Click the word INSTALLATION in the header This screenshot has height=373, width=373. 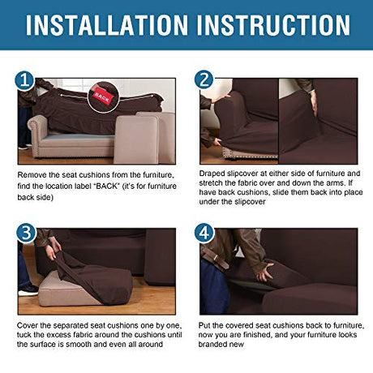point(107,25)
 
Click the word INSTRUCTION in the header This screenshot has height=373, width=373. point(273,25)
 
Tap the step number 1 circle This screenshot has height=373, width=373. point(24,80)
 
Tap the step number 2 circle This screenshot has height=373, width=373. point(204,79)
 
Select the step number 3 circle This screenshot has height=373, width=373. point(26,233)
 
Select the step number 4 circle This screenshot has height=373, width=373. point(204,233)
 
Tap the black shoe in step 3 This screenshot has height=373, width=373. point(28,290)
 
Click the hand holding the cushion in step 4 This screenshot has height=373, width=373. point(265,272)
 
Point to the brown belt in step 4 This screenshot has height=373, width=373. point(215,259)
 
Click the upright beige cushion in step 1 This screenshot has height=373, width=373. point(136,139)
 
